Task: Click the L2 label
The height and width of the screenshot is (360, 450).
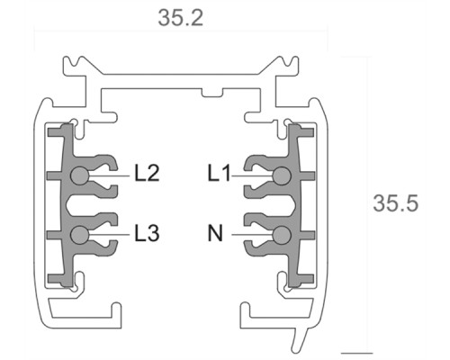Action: (x=147, y=174)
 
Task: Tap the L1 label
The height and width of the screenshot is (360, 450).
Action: (x=220, y=174)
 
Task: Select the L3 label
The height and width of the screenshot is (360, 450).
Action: (x=147, y=234)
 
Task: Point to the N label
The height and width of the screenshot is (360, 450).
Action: (x=215, y=234)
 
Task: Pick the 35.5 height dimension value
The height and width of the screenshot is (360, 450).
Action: (x=396, y=204)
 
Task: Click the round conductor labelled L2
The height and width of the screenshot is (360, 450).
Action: (x=81, y=176)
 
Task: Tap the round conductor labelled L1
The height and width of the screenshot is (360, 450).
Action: (x=282, y=176)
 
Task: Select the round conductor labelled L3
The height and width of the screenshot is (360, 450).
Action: (x=81, y=235)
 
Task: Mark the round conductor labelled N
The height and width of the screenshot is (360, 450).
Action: (x=282, y=235)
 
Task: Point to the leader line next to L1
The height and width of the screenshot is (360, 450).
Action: (x=254, y=176)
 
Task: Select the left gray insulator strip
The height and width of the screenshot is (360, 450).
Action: (x=59, y=207)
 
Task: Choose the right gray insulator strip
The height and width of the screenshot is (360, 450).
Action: (x=301, y=207)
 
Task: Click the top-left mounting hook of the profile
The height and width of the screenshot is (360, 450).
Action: (x=79, y=67)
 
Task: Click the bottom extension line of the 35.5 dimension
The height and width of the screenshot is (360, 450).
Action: (x=356, y=352)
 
